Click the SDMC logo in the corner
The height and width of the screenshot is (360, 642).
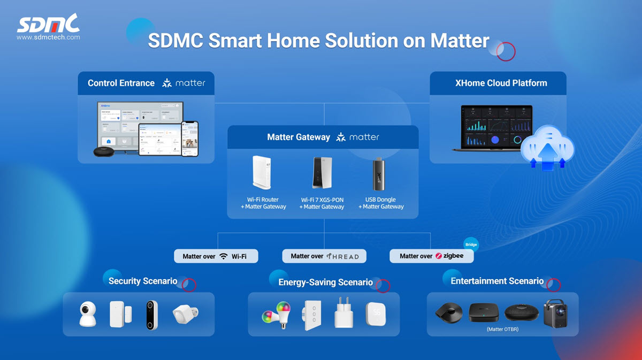click(x=48, y=24)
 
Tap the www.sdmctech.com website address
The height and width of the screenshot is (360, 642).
click(x=48, y=37)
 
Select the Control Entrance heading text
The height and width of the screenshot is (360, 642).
click(x=121, y=83)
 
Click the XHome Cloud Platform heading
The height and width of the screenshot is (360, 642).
click(x=501, y=83)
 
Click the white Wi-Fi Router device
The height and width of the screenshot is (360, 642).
click(x=262, y=174)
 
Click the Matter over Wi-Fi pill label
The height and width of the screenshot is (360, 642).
click(x=216, y=256)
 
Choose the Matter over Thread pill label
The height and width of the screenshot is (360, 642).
click(x=324, y=256)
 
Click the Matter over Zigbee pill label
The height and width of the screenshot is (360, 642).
click(x=431, y=256)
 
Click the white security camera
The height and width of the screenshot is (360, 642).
click(x=87, y=314)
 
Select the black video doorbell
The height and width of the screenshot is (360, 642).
click(x=152, y=315)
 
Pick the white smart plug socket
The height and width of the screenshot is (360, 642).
click(x=343, y=315)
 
